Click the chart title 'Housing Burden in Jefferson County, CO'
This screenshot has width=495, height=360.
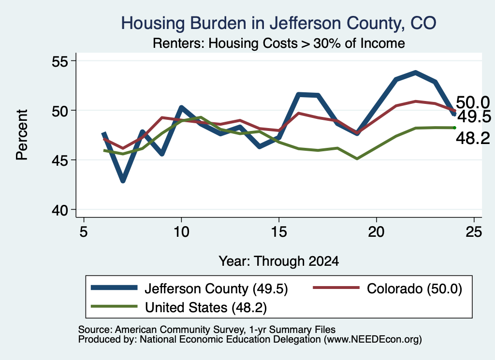pos(278,23)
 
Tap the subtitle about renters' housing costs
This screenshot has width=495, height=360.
pos(279,43)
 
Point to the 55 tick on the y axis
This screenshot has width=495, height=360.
pos(60,61)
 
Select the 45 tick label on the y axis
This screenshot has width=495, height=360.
pos(60,160)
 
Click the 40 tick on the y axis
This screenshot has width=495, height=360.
pos(60,210)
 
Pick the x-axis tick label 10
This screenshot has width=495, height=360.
pos(181,232)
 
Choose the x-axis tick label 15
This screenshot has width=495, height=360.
pos(279,232)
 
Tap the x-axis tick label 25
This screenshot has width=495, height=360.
pos(474,232)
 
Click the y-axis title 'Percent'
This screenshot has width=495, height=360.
pos(22,135)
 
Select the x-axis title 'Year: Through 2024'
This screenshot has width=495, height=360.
pos(279,261)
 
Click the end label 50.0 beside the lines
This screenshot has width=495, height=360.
pos(473,103)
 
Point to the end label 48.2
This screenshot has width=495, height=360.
pos(473,138)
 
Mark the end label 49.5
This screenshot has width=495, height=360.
pos(474,117)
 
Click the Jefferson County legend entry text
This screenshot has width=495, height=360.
pos(216,288)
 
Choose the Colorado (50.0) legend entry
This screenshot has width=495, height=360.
pos(414,288)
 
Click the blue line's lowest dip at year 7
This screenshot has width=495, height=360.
pos(123,181)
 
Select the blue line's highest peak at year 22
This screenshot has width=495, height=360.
pos(415,73)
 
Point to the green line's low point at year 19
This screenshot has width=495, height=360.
pos(357,158)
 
